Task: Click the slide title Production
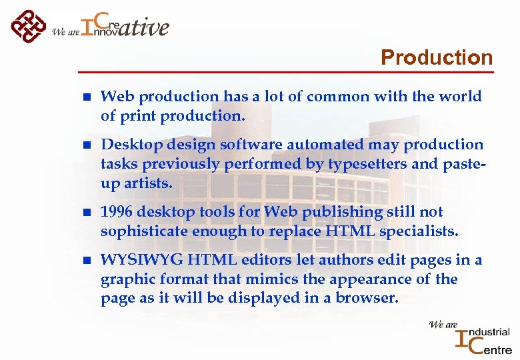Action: [x=436, y=58]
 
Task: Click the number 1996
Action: [x=118, y=211]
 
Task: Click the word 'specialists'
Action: [x=420, y=231]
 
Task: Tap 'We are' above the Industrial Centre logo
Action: [x=443, y=325]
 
